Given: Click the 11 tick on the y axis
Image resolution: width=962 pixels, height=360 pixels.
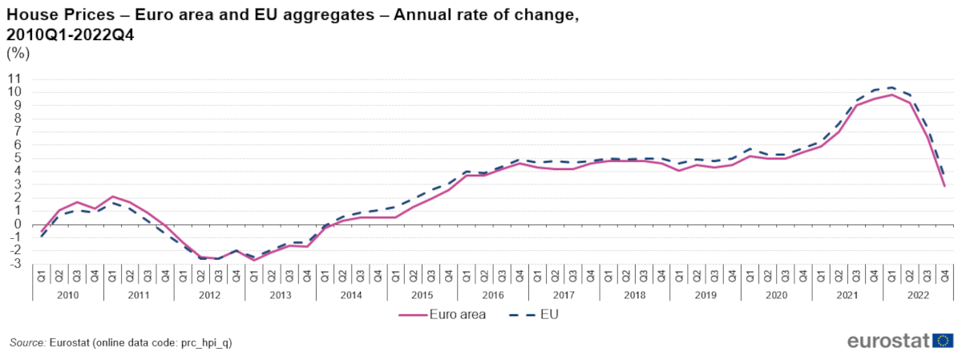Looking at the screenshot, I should tap(14, 79).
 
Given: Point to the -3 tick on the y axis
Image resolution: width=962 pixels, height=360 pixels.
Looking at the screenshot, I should tap(14, 264).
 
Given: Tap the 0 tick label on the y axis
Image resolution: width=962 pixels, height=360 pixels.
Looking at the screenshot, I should tap(16, 224).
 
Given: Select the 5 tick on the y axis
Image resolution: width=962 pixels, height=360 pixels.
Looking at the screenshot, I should tap(16, 158).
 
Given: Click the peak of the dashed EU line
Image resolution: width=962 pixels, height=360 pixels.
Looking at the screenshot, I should tap(891, 87).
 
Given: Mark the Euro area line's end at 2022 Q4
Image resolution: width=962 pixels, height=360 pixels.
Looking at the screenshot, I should tap(944, 186).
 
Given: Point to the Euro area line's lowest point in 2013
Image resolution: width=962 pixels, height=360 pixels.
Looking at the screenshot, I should tap(254, 260).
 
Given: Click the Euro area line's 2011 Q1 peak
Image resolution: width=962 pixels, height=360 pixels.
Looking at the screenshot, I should tap(112, 196).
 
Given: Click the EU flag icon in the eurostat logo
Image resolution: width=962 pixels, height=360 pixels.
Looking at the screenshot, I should tap(943, 341).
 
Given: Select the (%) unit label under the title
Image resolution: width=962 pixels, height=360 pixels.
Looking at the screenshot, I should tap(18, 54).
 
